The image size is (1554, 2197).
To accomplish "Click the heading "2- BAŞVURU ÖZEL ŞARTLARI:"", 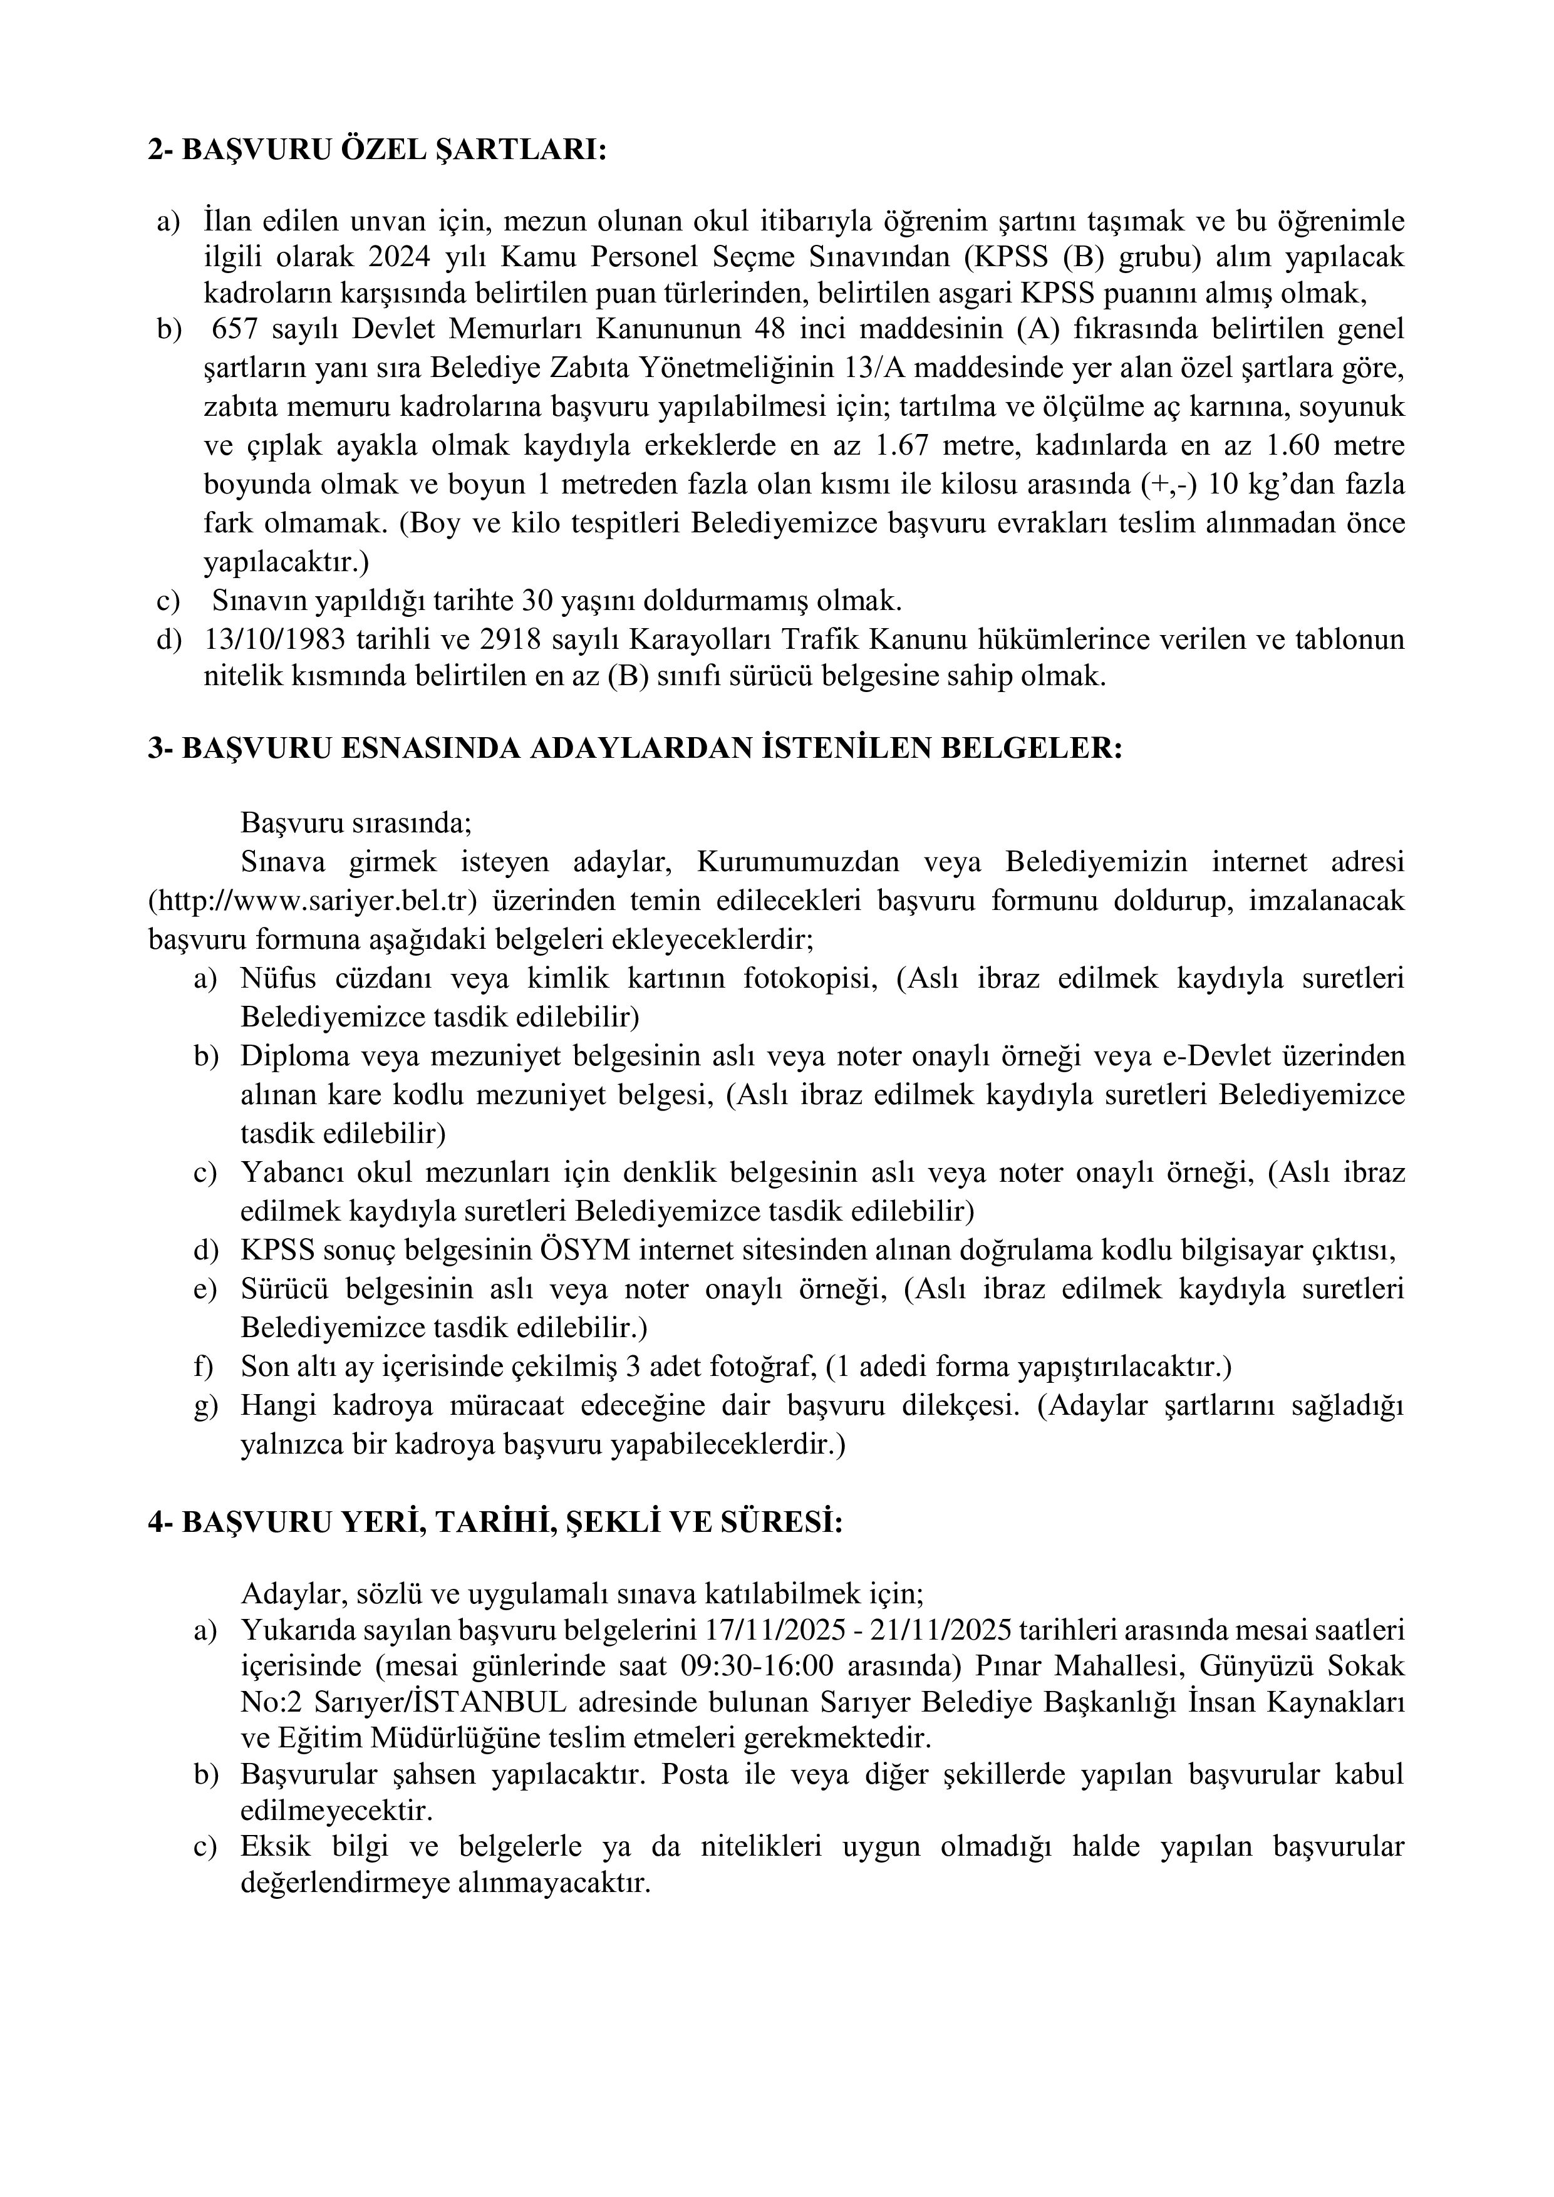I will (377, 150).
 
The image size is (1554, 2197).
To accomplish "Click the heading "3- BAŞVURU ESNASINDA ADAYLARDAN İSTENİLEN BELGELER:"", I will (635, 748).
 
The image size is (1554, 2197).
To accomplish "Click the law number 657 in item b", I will (236, 329).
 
